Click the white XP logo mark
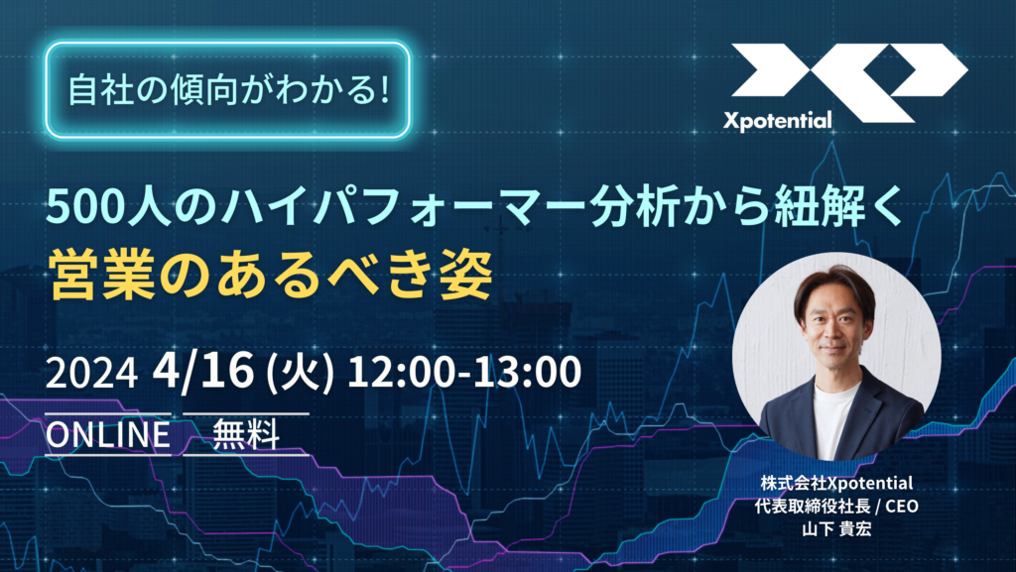pos(849,82)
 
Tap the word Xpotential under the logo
pos(777,120)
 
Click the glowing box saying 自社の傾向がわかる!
pos(228,90)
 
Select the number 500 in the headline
pos(85,209)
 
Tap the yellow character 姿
pos(465,274)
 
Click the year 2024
pos(91,374)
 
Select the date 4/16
pos(202,371)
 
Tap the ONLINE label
pos(107,434)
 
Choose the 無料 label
pos(246,434)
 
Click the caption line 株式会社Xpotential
pos(836,483)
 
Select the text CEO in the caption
pos(902,506)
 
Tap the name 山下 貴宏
pos(836,528)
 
